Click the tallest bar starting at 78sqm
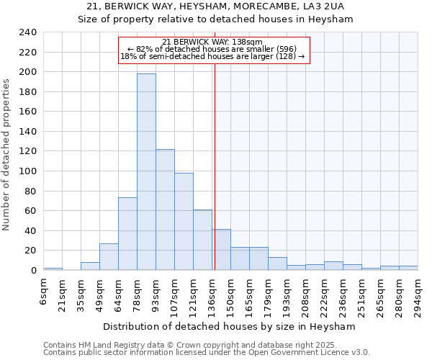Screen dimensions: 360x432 click(x=146, y=172)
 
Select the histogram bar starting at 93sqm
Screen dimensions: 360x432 click(x=165, y=210)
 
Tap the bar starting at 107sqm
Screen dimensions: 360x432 click(x=184, y=222)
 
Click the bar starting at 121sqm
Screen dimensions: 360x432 click(x=202, y=240)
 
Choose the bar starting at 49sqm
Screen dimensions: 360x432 click(x=109, y=257)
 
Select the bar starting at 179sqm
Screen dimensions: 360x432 click(x=277, y=264)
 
